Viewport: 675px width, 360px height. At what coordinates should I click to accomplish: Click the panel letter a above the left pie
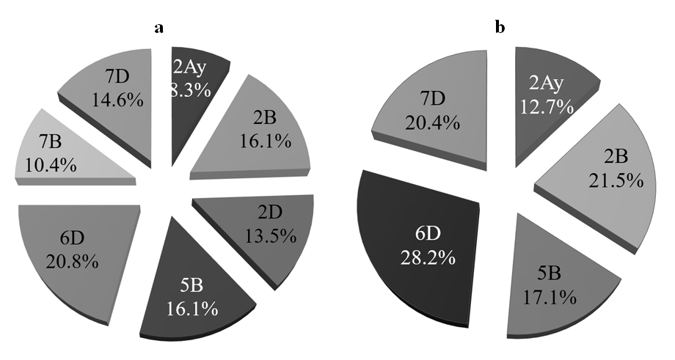click(x=158, y=29)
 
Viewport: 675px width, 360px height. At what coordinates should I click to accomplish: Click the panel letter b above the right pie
click(x=500, y=28)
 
